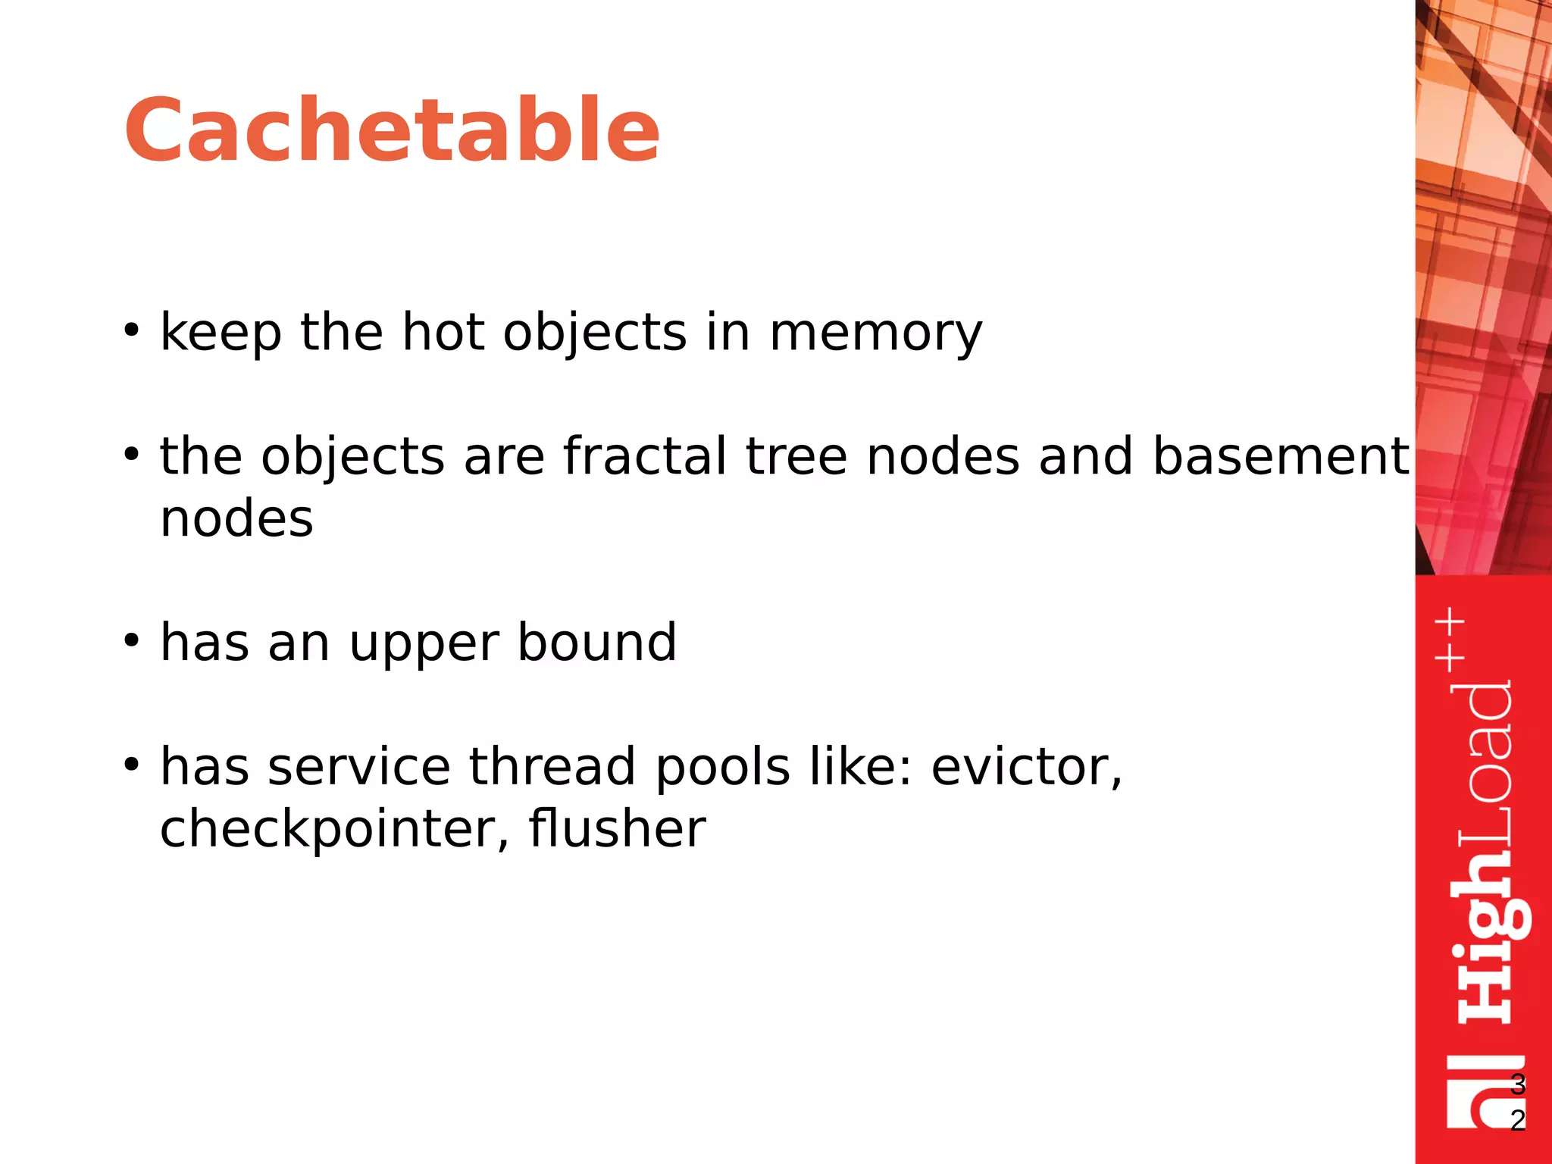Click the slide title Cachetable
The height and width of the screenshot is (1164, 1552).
coord(392,130)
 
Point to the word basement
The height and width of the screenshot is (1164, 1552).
coord(1280,456)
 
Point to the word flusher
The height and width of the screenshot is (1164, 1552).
coord(617,828)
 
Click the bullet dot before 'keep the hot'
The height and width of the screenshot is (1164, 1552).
coord(132,331)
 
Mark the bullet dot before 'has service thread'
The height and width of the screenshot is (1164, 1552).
coord(132,765)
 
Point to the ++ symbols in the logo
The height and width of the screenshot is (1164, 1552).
coord(1450,639)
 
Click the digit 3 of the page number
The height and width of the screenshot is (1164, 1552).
coord(1517,1084)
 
